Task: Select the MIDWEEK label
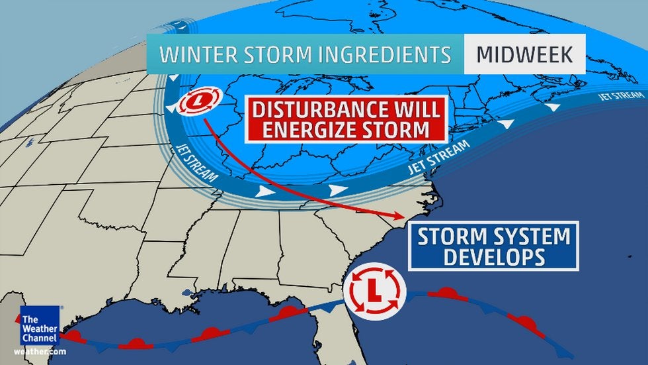tap(524, 54)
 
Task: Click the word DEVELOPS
tap(493, 256)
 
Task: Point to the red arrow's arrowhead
tap(399, 216)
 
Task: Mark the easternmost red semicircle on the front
tap(526, 323)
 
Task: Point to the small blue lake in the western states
tap(29, 142)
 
